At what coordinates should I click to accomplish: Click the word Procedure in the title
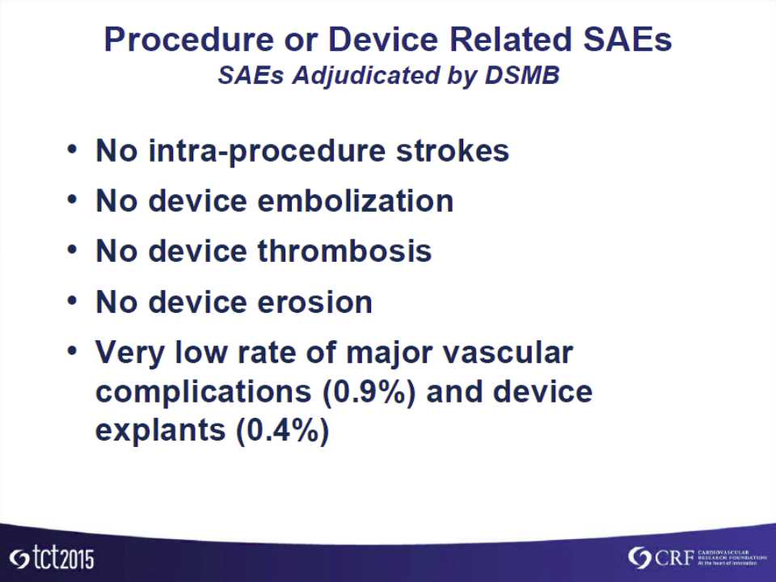pyautogui.click(x=188, y=40)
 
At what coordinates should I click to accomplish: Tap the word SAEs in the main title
pyautogui.click(x=627, y=40)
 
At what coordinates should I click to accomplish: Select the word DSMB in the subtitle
pyautogui.click(x=522, y=76)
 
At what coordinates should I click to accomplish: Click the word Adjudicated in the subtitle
pyautogui.click(x=366, y=77)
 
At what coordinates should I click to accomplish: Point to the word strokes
pyautogui.click(x=453, y=150)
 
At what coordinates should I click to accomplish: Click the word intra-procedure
pyautogui.click(x=267, y=152)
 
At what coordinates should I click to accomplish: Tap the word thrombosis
pyautogui.click(x=344, y=251)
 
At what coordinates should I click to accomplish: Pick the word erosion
pyautogui.click(x=314, y=302)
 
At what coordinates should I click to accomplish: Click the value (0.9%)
pyautogui.click(x=369, y=392)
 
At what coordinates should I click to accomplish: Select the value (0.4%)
pyautogui.click(x=282, y=431)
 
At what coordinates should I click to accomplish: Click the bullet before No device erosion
pyautogui.click(x=72, y=301)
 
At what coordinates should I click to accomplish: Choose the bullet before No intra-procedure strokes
pyautogui.click(x=72, y=149)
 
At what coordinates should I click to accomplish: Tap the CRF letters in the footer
pyautogui.click(x=674, y=558)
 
